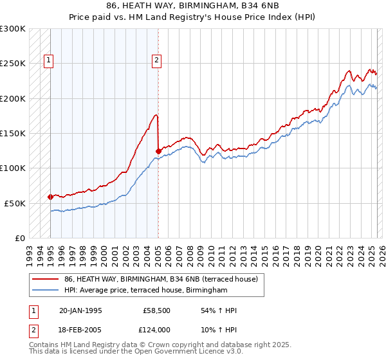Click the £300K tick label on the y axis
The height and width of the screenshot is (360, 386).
pos(13,29)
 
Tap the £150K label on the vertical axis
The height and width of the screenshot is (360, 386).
pos(13,134)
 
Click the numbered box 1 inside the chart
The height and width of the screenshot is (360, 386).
pos(48,61)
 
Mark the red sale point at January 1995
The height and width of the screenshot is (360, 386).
pos(50,197)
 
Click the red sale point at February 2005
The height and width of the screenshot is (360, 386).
pos(158,151)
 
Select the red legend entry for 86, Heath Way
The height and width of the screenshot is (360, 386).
pos(161,279)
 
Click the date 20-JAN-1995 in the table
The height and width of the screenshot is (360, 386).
pos(80,310)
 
